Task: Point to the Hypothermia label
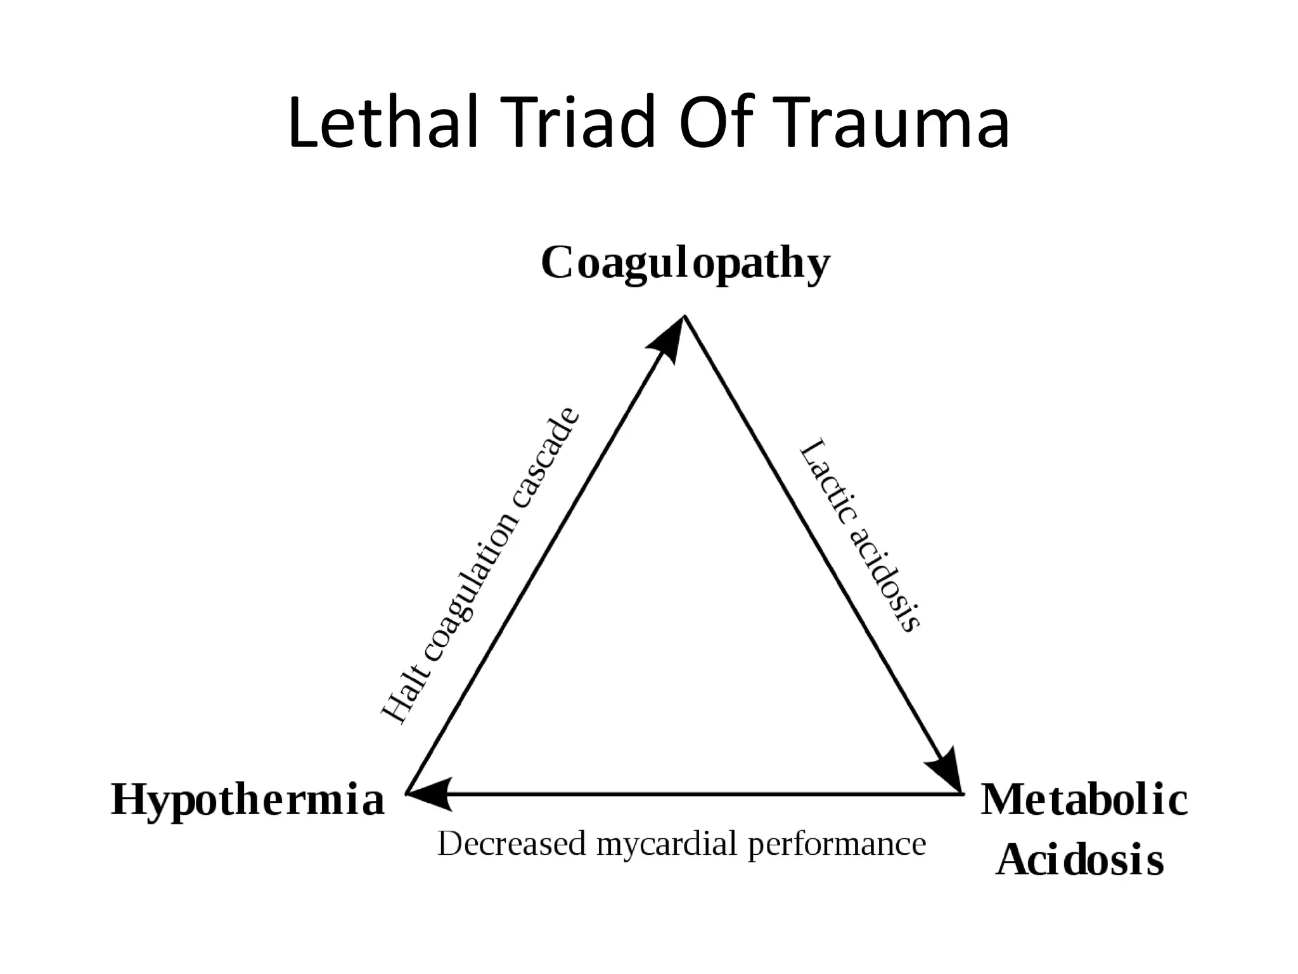click(248, 800)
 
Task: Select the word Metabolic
click(1084, 800)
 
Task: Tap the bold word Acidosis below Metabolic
click(1079, 860)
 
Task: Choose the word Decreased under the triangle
click(511, 844)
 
